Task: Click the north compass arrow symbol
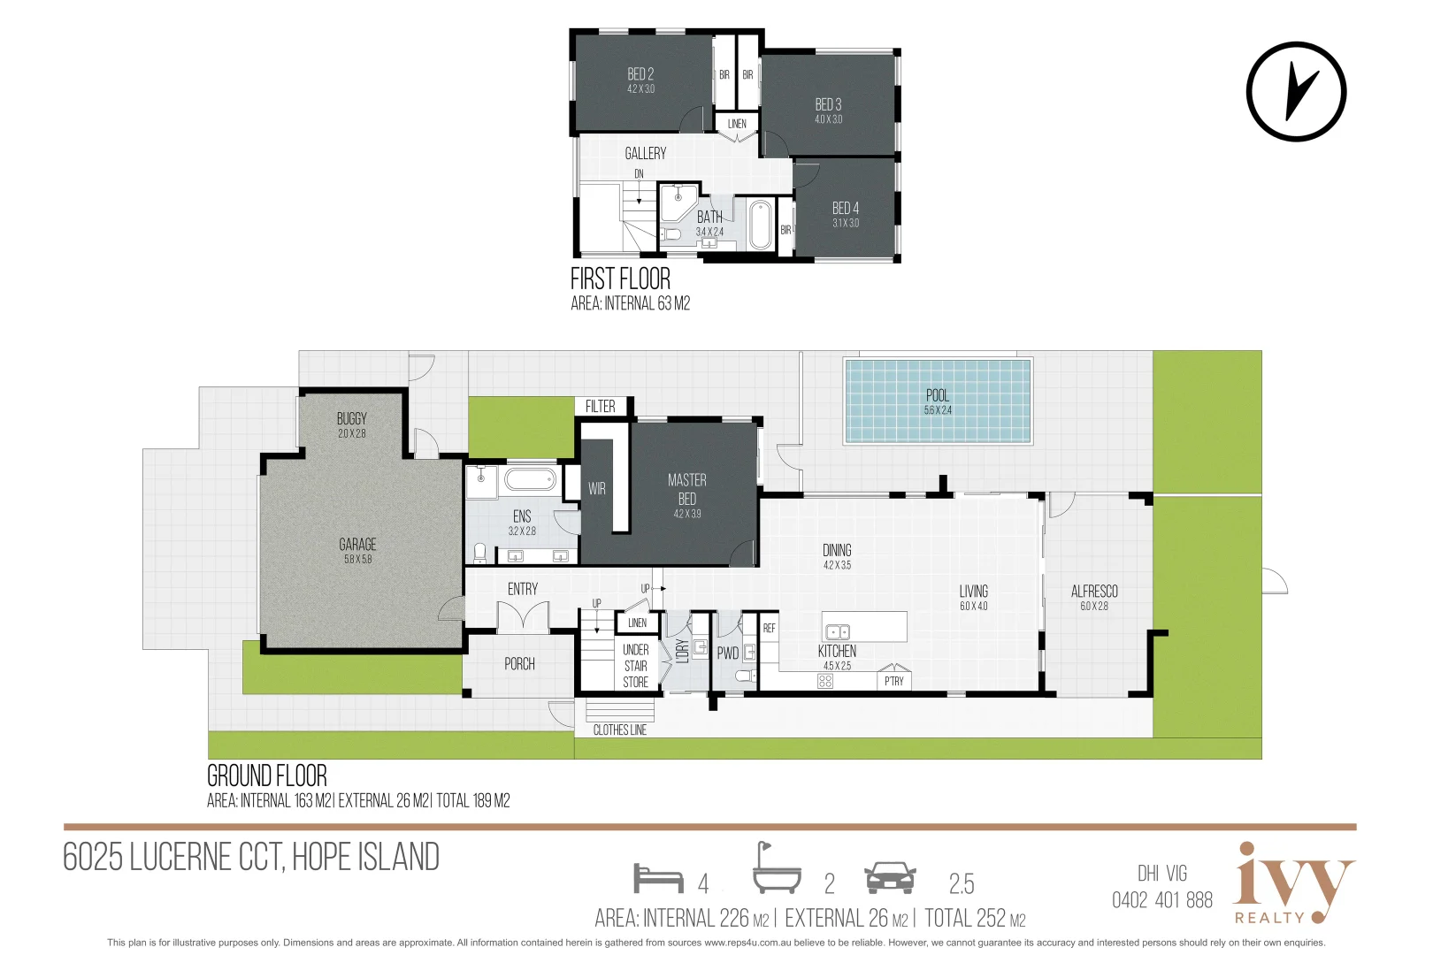(1297, 91)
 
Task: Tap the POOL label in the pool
(938, 396)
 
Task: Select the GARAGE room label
(357, 545)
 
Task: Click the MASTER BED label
(687, 489)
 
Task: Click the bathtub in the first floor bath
(759, 225)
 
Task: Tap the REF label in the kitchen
(769, 628)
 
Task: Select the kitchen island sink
(837, 631)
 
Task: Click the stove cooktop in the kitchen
(825, 681)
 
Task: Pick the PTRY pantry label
(894, 681)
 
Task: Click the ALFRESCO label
(1094, 592)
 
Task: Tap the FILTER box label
(600, 406)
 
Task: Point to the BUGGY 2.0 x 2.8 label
(351, 424)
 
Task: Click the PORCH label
(519, 664)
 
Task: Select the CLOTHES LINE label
(619, 730)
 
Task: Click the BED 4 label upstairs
(845, 209)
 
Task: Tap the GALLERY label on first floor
(646, 154)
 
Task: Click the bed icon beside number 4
(658, 878)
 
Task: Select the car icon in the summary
(890, 878)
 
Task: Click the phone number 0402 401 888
(1162, 900)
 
